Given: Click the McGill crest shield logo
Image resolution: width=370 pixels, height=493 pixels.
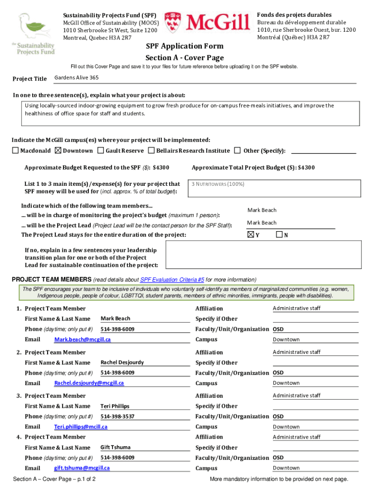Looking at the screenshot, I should pyautogui.click(x=174, y=23).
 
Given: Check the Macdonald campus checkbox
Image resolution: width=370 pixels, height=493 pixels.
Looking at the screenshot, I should pyautogui.click(x=15, y=151).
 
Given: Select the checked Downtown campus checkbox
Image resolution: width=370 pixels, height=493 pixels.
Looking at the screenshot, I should pyautogui.click(x=59, y=151).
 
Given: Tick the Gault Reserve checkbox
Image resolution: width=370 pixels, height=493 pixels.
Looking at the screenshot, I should pyautogui.click(x=101, y=151).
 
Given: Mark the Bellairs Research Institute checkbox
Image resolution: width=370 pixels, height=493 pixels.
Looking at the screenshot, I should pyautogui.click(x=151, y=151).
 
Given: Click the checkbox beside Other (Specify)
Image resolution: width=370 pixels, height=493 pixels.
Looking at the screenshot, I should pyautogui.click(x=237, y=151).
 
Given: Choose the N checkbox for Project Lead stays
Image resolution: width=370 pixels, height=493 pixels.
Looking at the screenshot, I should pyautogui.click(x=280, y=235).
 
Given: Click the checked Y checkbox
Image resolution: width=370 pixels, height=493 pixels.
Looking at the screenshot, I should pyautogui.click(x=250, y=235).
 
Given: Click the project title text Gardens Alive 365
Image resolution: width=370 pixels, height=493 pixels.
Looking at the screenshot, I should pyautogui.click(x=77, y=78).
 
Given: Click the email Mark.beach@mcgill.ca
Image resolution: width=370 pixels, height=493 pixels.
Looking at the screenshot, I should pyautogui.click(x=83, y=340).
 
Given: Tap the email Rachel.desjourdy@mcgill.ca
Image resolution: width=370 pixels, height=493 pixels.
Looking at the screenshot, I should pyautogui.click(x=89, y=383).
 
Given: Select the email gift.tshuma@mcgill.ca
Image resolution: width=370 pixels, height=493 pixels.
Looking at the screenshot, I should pyautogui.click(x=82, y=468).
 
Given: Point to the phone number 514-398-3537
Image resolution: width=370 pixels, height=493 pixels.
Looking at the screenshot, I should pyautogui.click(x=117, y=416).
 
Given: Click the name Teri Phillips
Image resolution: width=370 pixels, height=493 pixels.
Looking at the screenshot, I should pyautogui.click(x=115, y=406).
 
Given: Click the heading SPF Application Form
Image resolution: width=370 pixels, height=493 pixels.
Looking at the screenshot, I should pyautogui.click(x=185, y=46).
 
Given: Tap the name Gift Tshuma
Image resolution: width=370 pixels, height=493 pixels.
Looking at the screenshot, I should pyautogui.click(x=115, y=447).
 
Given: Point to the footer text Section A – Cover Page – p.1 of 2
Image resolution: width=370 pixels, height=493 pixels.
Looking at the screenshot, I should pyautogui.click(x=55, y=480).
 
